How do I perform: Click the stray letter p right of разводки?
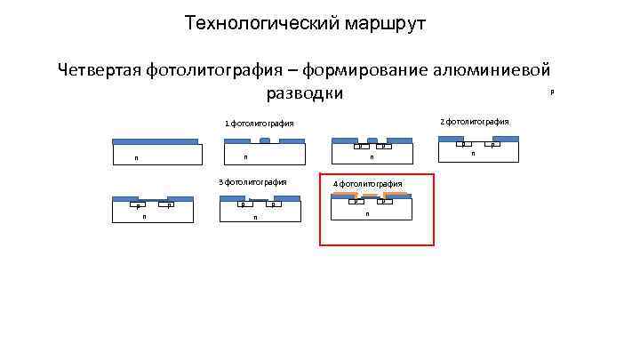(551, 91)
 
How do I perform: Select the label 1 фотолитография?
(259, 124)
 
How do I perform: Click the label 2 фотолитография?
(475, 121)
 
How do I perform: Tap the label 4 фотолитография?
(368, 184)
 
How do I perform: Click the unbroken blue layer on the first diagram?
(156, 140)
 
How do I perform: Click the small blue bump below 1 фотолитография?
(264, 140)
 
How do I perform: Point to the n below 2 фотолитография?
(473, 153)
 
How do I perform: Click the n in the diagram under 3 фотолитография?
(255, 217)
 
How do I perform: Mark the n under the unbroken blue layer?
(136, 159)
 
